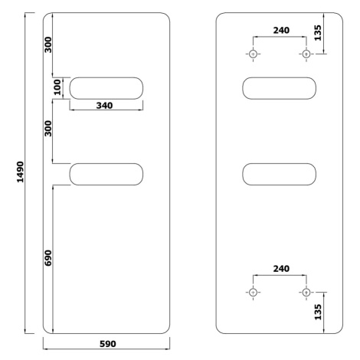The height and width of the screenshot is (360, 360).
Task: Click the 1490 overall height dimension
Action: pos(20,172)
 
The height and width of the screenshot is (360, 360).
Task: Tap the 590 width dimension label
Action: pos(108,344)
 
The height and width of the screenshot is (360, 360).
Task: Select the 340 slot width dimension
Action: pos(104,106)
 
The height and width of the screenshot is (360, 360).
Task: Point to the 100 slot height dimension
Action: pos(57,87)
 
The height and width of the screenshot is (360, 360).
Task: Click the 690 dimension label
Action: pos(48,258)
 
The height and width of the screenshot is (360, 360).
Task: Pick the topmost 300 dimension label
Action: pos(48,45)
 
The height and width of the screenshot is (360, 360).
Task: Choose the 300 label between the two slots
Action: pos(48,129)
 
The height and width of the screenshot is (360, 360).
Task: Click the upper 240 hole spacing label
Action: pos(281,31)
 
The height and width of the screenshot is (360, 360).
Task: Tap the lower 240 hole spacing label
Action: pos(281,269)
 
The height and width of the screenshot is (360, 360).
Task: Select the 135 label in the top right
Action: pos(318,33)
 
